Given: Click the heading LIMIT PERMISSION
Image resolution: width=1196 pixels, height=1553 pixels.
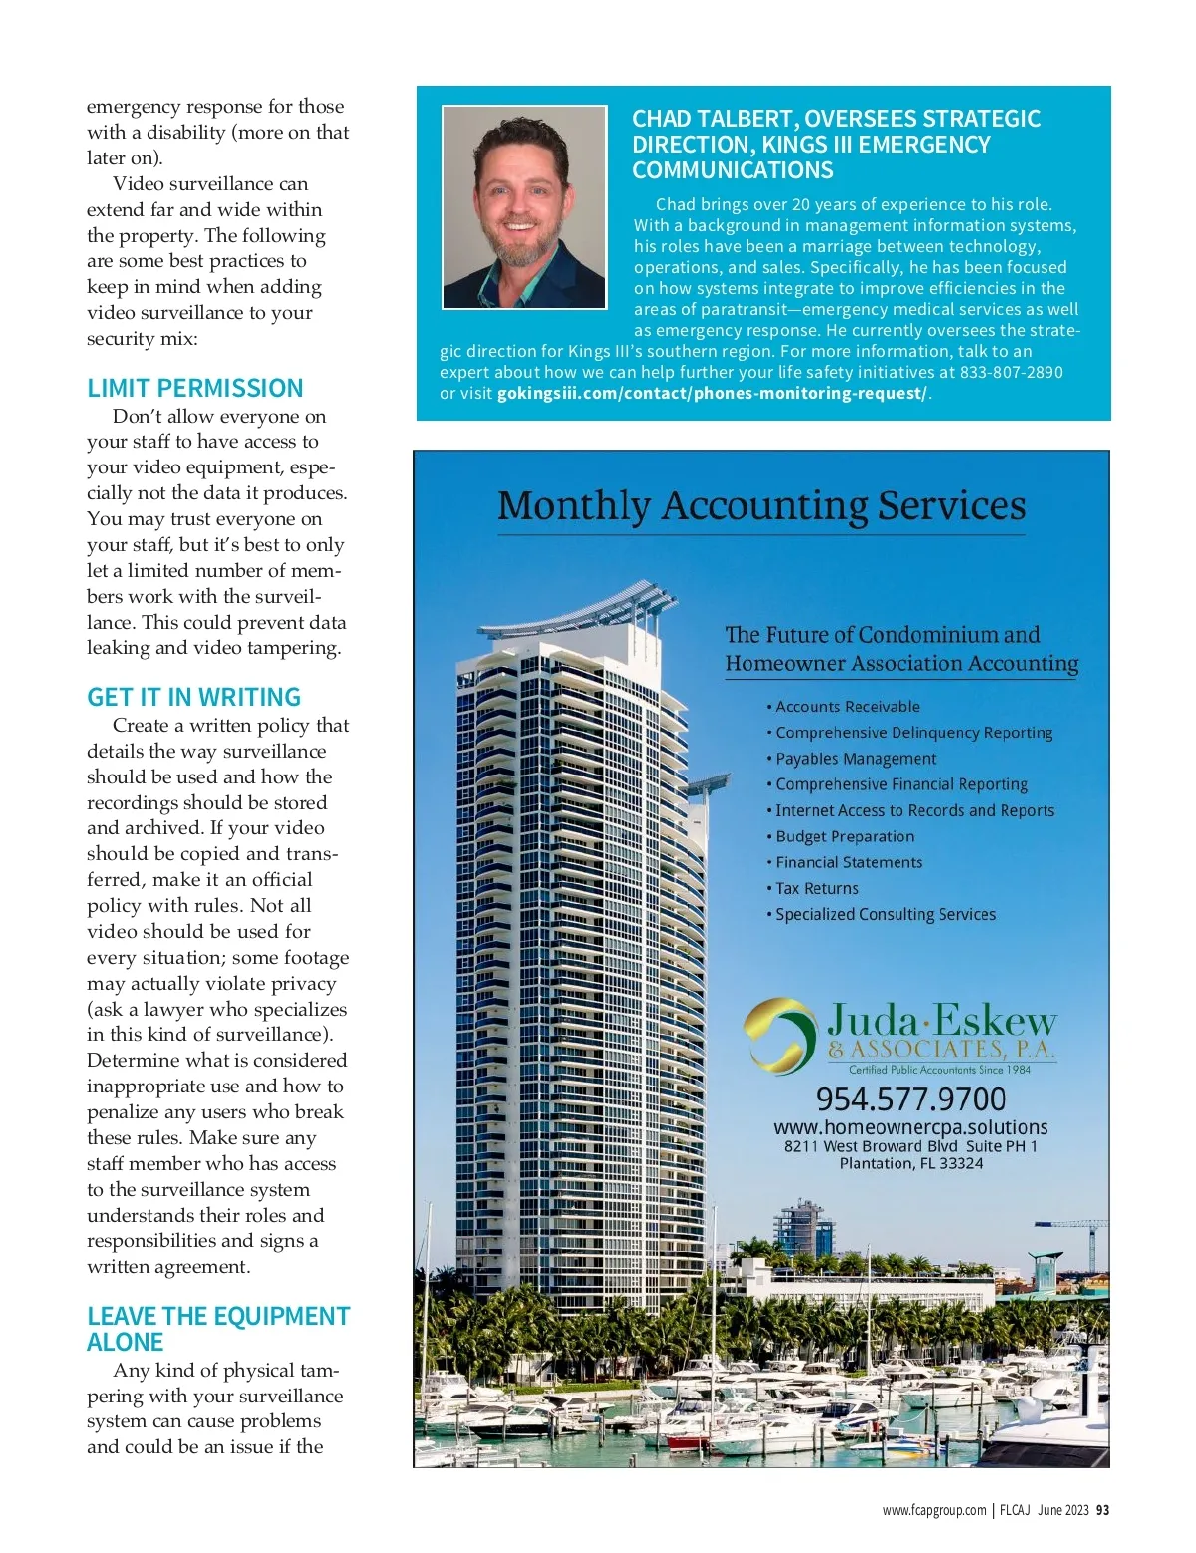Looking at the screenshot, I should point(194,388).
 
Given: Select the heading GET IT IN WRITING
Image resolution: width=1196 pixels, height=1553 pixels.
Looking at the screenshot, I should point(193,697).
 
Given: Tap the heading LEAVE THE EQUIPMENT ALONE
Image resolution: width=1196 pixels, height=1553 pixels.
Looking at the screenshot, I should point(217,1329).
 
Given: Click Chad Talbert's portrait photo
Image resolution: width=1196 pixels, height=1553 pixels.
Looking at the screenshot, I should point(524,207).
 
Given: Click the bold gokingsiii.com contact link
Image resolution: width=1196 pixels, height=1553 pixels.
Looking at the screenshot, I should point(712,393).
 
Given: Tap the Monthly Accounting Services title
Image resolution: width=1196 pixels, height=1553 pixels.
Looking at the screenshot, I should point(761,506).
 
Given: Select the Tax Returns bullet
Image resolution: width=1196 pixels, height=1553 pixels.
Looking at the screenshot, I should point(816,888).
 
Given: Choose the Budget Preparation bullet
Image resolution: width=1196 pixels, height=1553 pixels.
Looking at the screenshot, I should point(844,836).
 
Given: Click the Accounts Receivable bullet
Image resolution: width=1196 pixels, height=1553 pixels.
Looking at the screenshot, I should point(847,707).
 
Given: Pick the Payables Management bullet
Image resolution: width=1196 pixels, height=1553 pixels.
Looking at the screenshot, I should point(855,759).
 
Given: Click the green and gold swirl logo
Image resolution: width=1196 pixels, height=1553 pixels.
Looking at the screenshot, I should point(779,1034).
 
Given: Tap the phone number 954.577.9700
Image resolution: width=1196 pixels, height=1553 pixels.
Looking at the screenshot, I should point(911,1098).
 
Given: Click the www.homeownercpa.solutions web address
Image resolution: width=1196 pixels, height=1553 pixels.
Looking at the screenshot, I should point(911,1127).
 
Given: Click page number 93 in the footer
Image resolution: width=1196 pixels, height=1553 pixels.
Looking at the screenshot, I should point(1102,1510).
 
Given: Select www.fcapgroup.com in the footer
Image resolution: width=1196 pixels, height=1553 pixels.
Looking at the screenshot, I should point(934,1510).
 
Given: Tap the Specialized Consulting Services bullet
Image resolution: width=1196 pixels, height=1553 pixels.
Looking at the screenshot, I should point(885,914).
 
